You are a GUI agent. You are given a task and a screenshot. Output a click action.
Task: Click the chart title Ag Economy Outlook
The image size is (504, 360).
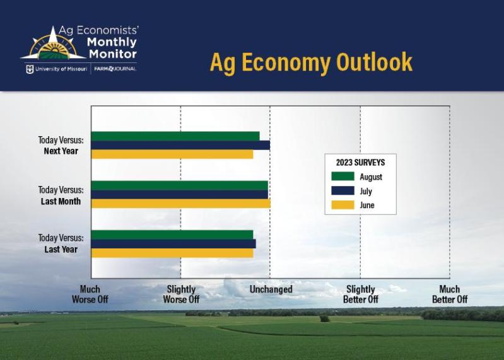tap(311, 62)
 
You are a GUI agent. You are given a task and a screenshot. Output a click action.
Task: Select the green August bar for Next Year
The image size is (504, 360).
tap(175, 136)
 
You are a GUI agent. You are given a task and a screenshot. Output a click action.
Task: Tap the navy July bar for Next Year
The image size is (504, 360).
tap(180, 145)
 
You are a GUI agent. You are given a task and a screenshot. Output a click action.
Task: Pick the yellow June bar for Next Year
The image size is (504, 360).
tap(172, 154)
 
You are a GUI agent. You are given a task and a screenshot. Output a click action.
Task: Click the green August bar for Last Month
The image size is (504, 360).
tap(179, 185)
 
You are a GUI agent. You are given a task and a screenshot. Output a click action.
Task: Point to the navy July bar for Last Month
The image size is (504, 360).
tap(179, 194)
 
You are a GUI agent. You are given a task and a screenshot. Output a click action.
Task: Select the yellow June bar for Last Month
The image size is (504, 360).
tap(180, 203)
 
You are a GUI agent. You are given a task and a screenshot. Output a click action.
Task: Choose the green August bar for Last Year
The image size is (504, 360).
tap(172, 235)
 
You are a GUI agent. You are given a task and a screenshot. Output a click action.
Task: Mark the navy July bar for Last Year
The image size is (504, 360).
tap(173, 243)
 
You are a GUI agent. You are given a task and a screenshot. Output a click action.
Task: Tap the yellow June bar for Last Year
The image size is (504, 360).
tap(172, 252)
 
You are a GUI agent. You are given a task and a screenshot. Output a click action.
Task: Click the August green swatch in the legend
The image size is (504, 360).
tap(343, 177)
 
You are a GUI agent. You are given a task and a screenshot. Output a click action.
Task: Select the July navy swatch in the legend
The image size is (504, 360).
tap(343, 191)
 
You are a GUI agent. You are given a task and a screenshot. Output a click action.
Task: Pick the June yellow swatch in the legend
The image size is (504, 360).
tap(343, 205)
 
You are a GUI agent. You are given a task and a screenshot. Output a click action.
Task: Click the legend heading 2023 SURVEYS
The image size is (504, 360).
tap(360, 163)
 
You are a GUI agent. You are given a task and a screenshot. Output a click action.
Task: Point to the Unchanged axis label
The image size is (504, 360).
tap(271, 289)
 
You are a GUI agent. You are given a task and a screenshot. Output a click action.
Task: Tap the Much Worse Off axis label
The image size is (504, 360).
tap(90, 294)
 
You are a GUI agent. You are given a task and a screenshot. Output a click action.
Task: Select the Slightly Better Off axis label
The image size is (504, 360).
tap(360, 294)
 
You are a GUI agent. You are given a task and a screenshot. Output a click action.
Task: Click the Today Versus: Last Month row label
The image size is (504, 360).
tap(61, 195)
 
